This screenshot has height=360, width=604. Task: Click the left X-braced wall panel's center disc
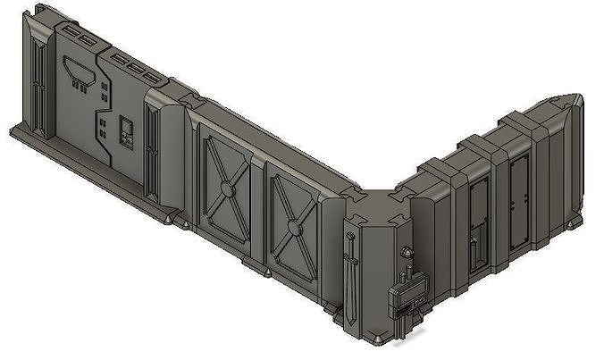click(229, 189)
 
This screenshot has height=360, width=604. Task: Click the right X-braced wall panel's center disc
click(292, 225)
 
